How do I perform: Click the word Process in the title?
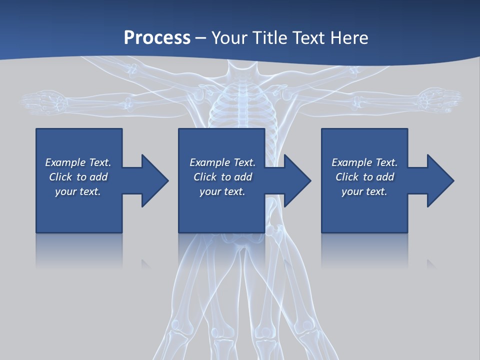tap(157, 38)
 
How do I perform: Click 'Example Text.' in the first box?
tap(78, 162)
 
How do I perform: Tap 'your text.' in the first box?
tap(78, 191)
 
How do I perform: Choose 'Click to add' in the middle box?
tap(222, 177)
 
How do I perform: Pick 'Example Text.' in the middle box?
tap(222, 162)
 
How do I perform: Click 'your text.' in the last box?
tap(364, 191)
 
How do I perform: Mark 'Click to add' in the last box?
tap(364, 177)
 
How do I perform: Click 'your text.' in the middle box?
tap(222, 191)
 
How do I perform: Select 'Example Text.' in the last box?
tap(364, 162)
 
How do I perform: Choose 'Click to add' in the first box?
tap(78, 177)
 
